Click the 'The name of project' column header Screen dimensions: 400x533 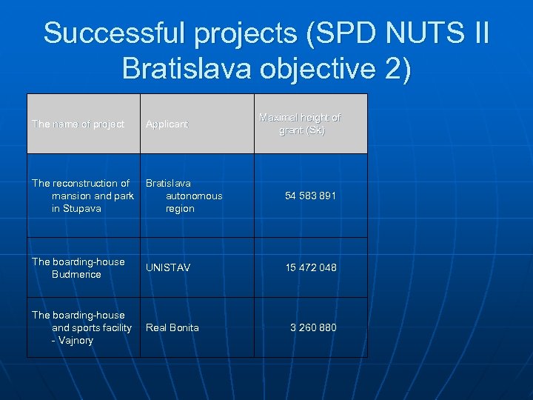click(x=78, y=124)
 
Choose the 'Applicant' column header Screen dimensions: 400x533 click(x=167, y=124)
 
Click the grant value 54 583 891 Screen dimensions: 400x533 click(x=311, y=196)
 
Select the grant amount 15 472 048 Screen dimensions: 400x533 click(x=311, y=267)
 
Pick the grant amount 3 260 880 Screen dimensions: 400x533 click(x=313, y=327)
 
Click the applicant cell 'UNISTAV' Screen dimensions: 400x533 click(x=168, y=267)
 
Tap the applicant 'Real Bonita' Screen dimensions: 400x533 click(x=172, y=327)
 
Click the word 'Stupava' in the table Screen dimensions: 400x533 click(x=82, y=209)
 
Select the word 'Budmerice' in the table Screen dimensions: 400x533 click(x=76, y=274)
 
